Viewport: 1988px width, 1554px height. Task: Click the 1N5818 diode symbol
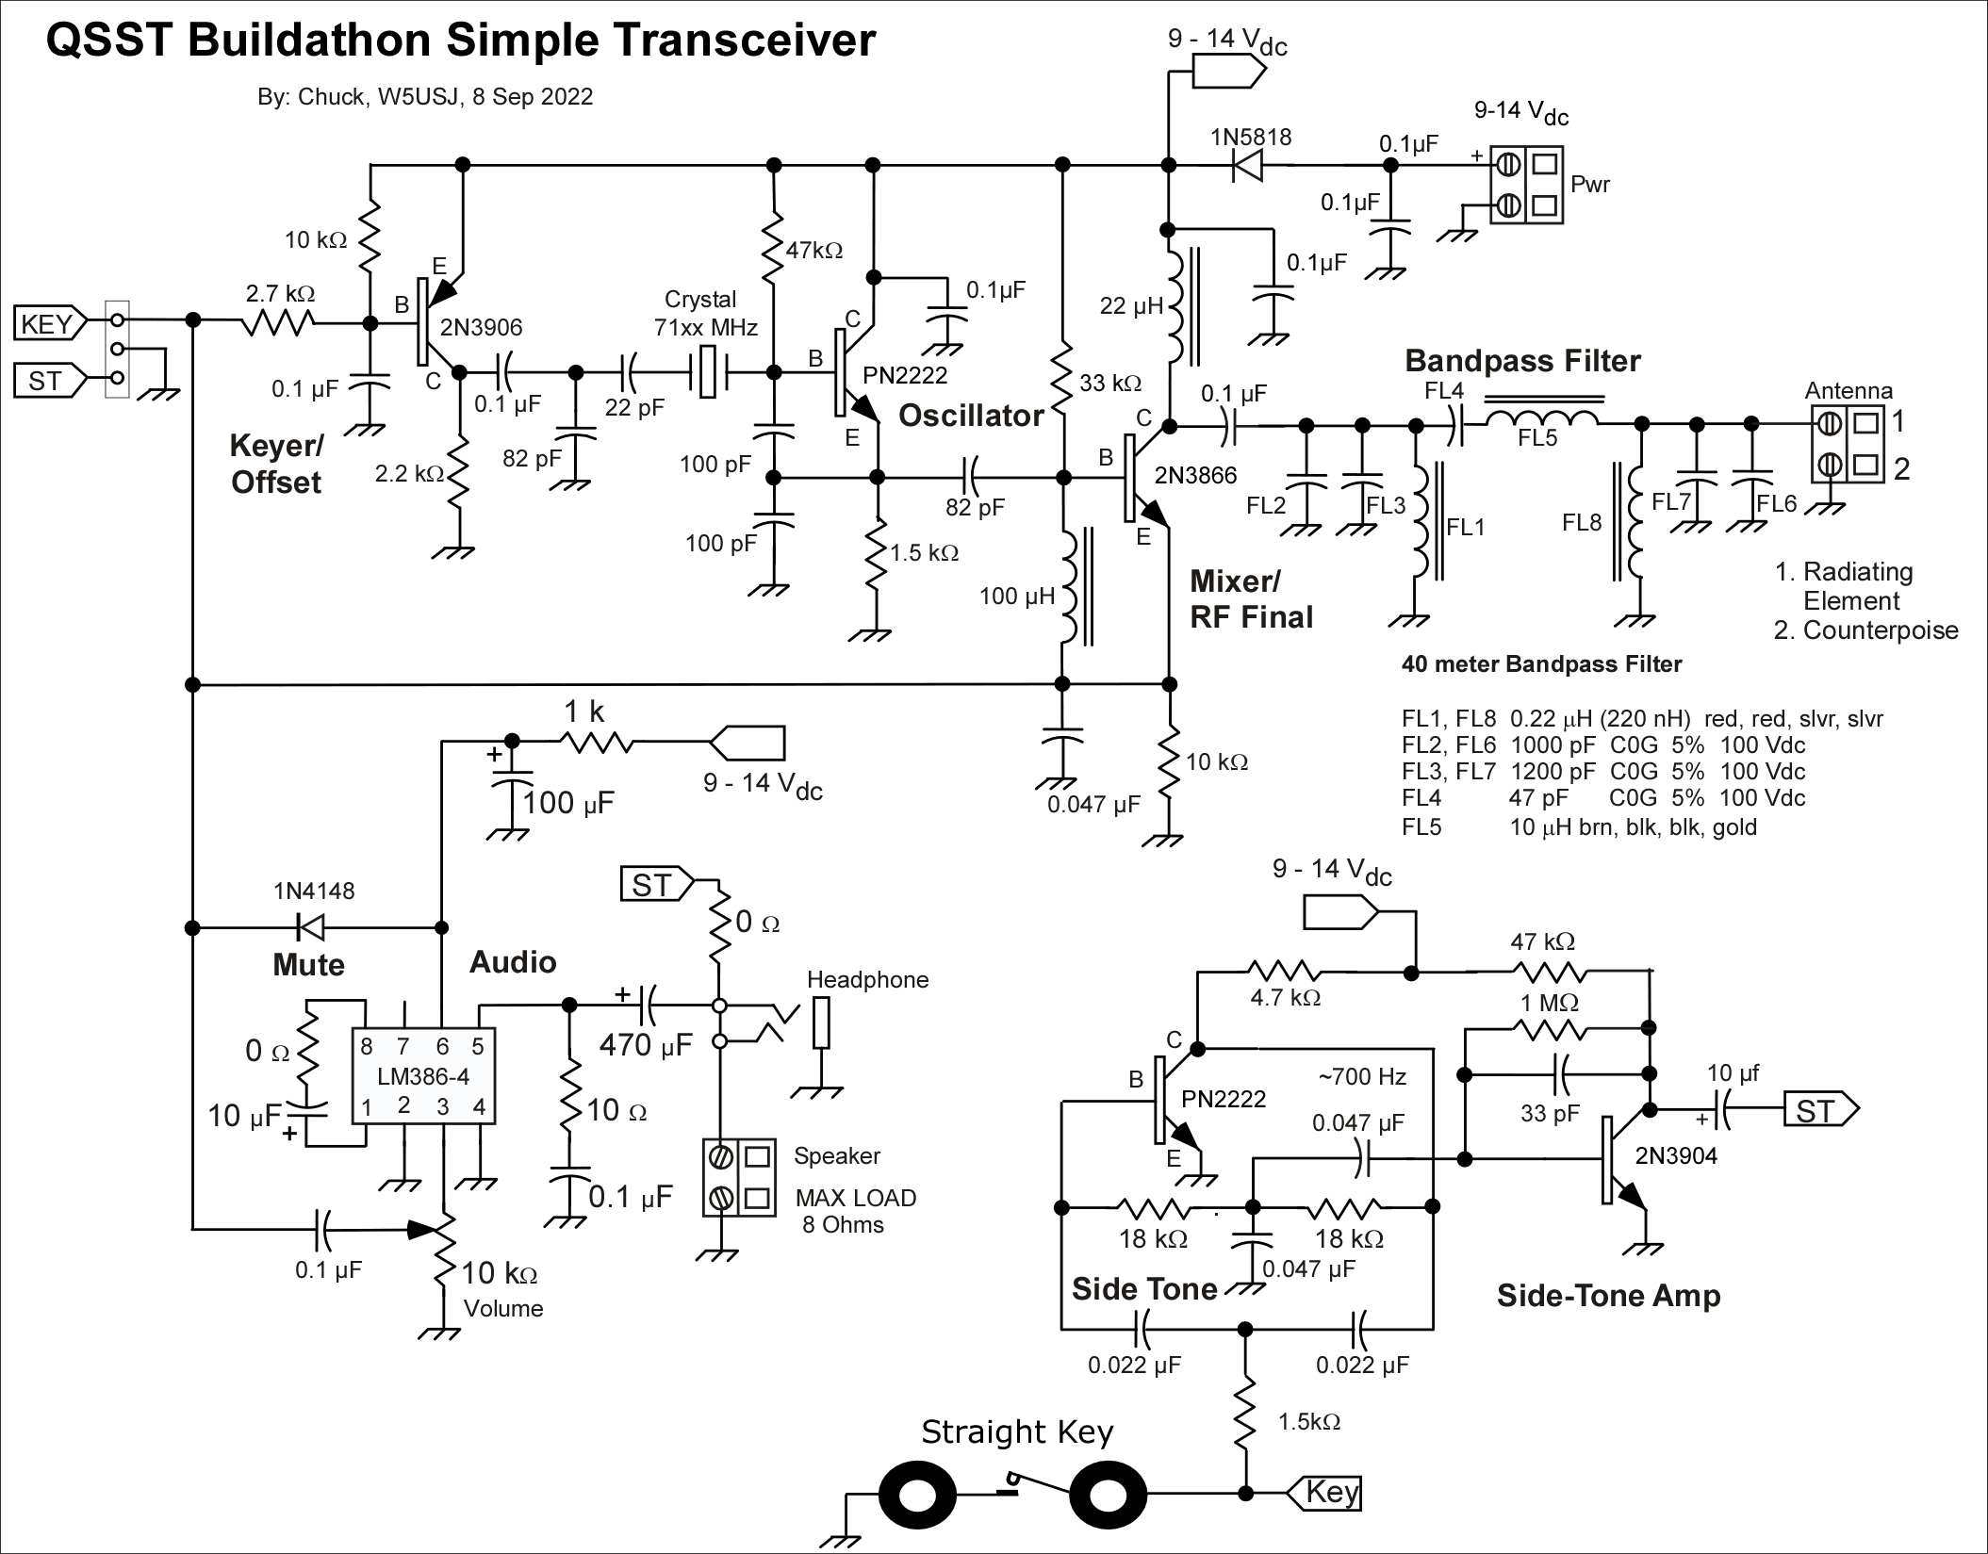coord(1246,166)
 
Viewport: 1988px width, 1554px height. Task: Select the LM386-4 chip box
coord(423,1075)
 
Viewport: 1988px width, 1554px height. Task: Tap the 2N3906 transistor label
coord(481,328)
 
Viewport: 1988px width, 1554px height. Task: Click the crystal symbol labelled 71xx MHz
coord(708,372)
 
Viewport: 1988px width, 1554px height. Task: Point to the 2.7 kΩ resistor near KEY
coord(278,323)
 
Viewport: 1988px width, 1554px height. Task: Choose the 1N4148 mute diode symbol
coord(310,927)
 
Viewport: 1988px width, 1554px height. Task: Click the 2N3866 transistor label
coord(1195,476)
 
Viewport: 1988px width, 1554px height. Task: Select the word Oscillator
coord(970,416)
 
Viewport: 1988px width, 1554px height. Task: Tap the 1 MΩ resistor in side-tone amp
coord(1552,1029)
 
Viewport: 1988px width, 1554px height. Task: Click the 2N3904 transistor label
coord(1675,1155)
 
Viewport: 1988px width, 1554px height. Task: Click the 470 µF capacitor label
coord(646,1045)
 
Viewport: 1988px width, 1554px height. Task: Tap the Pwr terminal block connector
coord(1526,185)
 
